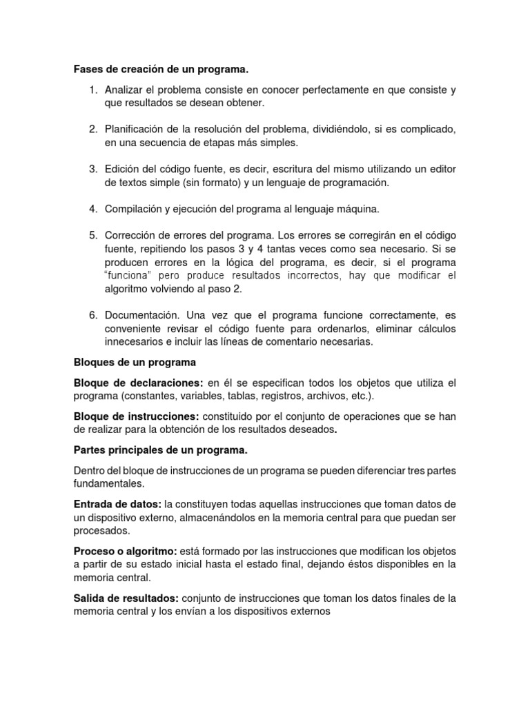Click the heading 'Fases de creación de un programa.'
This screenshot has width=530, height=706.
pyautogui.click(x=160, y=70)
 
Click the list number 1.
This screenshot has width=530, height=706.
pyautogui.click(x=92, y=90)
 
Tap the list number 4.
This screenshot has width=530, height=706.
pyautogui.click(x=92, y=208)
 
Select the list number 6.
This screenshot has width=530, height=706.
pyautogui.click(x=92, y=314)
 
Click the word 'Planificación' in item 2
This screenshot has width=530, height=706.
pyautogui.click(x=135, y=130)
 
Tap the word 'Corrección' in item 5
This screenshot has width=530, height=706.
pyautogui.click(x=132, y=234)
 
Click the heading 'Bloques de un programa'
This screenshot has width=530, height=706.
pyautogui.click(x=135, y=362)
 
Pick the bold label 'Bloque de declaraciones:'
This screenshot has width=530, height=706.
pyautogui.click(x=139, y=383)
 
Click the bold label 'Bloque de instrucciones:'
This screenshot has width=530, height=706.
pyautogui.click(x=136, y=416)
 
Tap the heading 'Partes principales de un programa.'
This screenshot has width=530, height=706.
pyautogui.click(x=160, y=450)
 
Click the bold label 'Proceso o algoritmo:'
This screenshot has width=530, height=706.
pyautogui.click(x=125, y=551)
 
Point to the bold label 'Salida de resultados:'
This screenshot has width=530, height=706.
pyautogui.click(x=126, y=598)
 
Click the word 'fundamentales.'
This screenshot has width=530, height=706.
pyautogui.click(x=107, y=484)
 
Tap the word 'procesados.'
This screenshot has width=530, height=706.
pyautogui.click(x=100, y=532)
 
